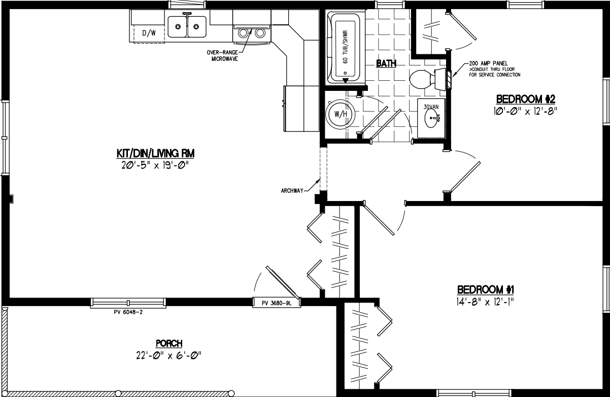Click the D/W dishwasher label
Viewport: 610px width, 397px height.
tap(148, 34)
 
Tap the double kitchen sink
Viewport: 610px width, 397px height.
tap(187, 26)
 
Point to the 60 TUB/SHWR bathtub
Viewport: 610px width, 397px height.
tap(345, 49)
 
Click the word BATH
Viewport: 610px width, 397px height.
tap(386, 63)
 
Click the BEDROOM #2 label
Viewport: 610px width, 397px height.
tap(522, 98)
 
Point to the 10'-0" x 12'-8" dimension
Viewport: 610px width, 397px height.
tap(522, 110)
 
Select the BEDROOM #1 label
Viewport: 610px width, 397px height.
tap(486, 290)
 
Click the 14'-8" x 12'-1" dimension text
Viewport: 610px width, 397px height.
tap(486, 302)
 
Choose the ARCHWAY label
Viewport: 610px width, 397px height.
tap(291, 191)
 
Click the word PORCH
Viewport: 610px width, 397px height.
tap(169, 343)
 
